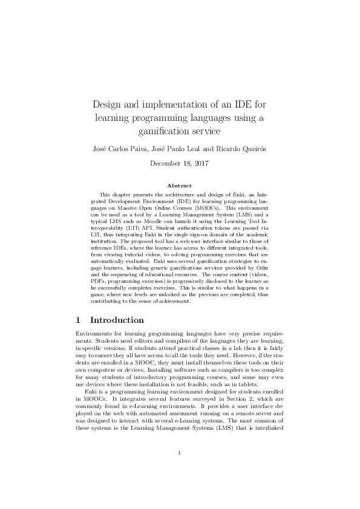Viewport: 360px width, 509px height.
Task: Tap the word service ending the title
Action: coord(199,130)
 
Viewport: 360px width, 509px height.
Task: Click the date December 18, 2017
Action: coord(180,163)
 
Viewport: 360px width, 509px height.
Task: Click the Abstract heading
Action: coord(180,185)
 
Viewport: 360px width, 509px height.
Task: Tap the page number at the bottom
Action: coord(180,470)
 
